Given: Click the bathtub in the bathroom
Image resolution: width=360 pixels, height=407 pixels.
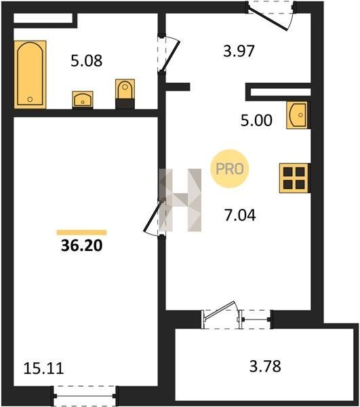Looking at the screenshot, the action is point(30,74).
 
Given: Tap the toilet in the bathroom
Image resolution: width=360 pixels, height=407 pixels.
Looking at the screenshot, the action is point(125,94).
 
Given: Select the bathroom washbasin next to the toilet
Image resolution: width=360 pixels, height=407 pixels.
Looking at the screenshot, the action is point(83,100).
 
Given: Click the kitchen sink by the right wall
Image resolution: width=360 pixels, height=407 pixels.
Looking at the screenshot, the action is point(298,115).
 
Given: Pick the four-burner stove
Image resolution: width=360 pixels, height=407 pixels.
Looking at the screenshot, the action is point(294,178).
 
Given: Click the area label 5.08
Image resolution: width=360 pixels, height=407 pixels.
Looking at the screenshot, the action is point(87,61).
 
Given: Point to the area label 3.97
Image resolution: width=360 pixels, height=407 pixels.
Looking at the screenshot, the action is point(239,51).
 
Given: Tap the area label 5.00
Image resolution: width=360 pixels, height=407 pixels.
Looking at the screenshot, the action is point(256,121).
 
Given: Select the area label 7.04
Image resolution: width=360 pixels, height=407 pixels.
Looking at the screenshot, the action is point(240,215).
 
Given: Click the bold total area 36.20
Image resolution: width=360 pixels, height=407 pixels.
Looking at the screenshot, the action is point(82,246).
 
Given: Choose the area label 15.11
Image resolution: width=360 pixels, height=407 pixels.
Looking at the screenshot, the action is point(43,368).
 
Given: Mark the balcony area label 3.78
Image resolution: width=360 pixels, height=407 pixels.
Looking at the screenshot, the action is point(265,366).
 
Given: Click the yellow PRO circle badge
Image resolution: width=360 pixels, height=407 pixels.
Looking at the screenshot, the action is point(230,169).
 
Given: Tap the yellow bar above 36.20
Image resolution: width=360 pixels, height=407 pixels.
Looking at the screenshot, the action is point(82,232).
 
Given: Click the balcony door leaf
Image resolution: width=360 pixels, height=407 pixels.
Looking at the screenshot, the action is point(220,310).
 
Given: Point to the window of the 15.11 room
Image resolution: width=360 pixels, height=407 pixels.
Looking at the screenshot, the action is point(85,396).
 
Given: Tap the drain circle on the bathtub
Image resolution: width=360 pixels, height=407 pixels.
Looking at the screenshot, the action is point(30,99).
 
